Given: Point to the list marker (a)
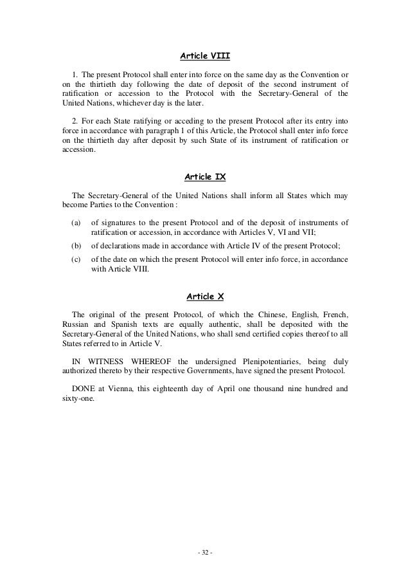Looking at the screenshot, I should click(76, 223).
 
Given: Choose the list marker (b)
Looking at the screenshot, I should click(76, 246).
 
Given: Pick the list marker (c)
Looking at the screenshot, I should click(76, 259).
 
